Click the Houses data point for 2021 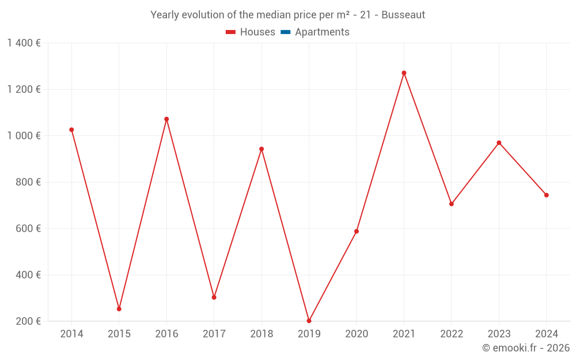tap(404, 73)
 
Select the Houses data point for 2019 tap(309, 321)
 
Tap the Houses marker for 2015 tap(119, 309)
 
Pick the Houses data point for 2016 tap(166, 119)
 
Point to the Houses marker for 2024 tap(546, 195)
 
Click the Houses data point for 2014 tap(71, 130)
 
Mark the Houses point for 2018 tap(262, 149)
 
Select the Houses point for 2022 tap(452, 204)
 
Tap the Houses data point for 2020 tap(357, 232)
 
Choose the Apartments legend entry tap(321, 32)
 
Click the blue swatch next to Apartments tap(285, 32)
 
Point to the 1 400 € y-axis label tap(24, 43)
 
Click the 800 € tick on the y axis tap(28, 182)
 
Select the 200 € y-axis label tap(28, 321)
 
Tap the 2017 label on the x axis tap(214, 334)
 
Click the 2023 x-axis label tap(499, 334)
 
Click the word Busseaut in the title tap(403, 15)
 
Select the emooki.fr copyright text tap(526, 348)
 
